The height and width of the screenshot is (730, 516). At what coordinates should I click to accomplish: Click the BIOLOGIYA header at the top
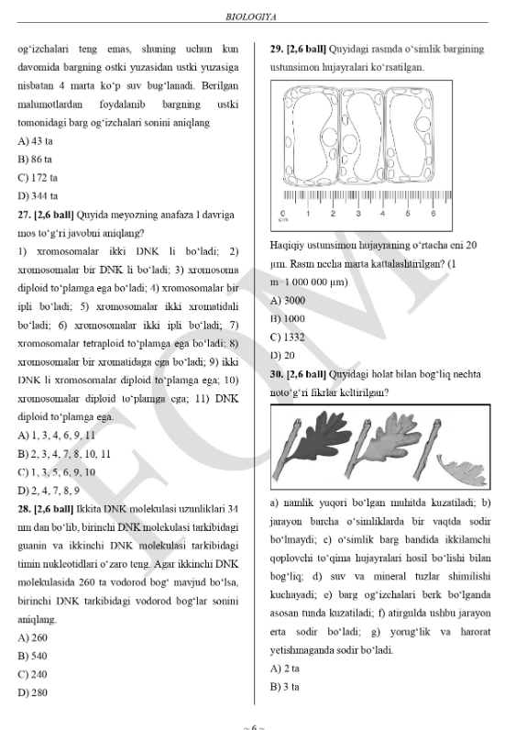258,16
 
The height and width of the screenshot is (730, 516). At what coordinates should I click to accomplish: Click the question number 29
277,48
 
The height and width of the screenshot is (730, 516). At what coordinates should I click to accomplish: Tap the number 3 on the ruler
357,213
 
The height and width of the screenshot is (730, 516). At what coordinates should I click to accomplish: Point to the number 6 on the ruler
433,213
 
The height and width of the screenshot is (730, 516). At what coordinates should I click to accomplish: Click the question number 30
277,374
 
